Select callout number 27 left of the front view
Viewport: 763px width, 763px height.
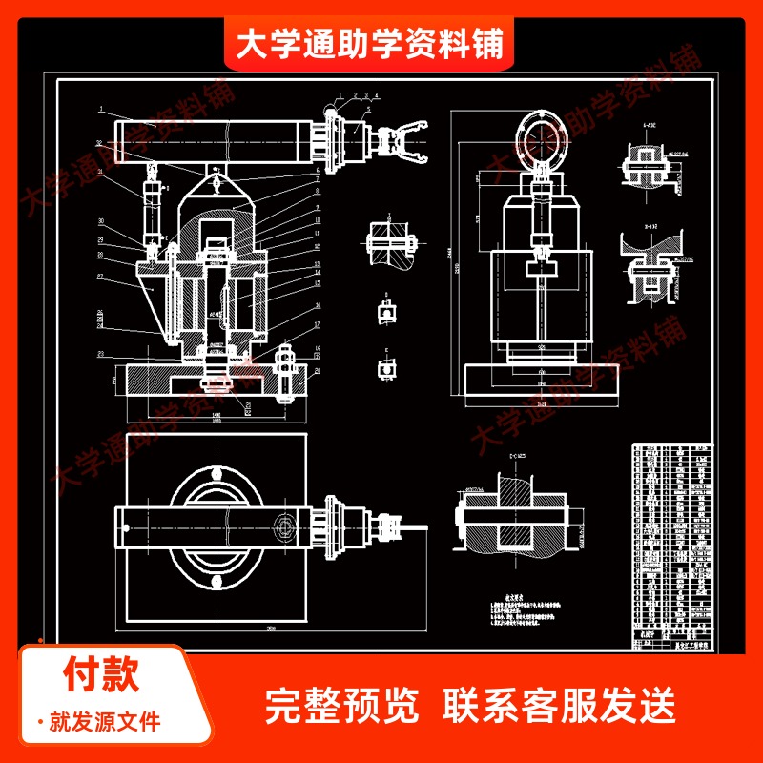(99, 277)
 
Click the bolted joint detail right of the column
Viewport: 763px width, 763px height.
(389, 242)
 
